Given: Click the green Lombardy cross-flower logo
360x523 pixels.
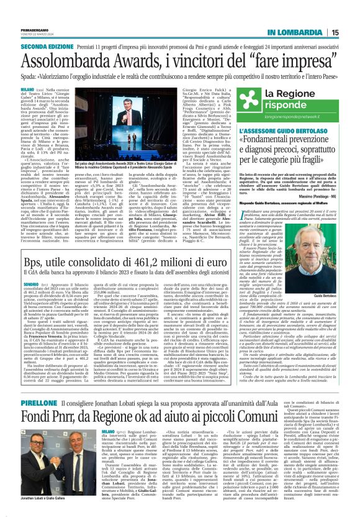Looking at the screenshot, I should click(x=252, y=95).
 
